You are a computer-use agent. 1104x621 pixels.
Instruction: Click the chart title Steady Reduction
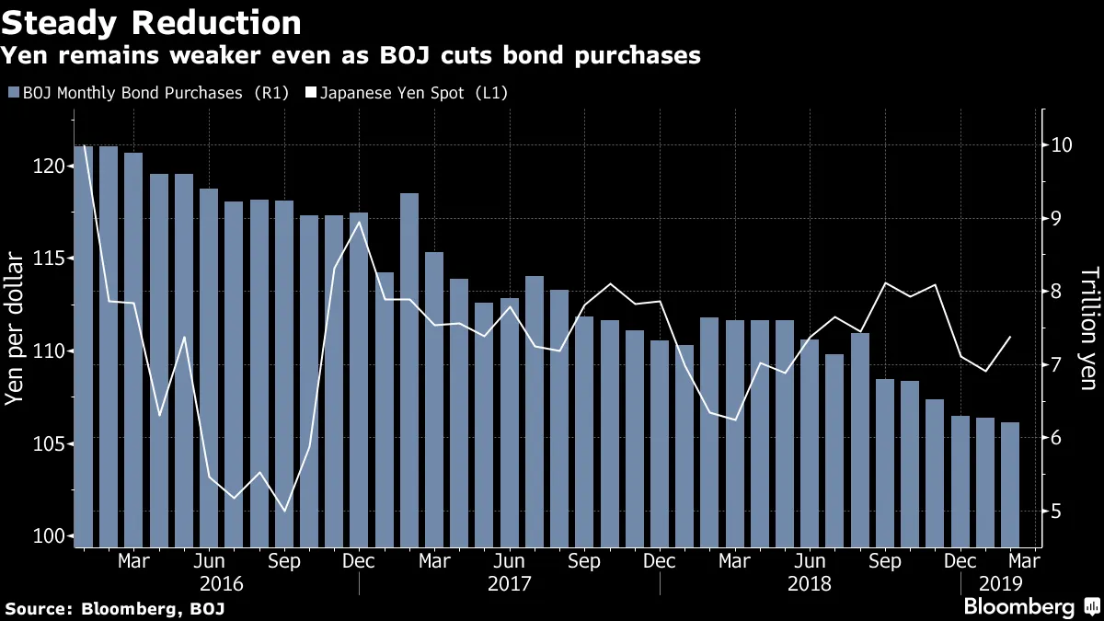coord(151,21)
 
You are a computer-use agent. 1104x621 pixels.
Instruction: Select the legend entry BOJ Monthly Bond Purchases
coord(147,93)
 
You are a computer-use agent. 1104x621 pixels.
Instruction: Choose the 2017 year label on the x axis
coord(511,583)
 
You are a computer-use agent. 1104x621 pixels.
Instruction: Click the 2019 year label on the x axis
coord(994,583)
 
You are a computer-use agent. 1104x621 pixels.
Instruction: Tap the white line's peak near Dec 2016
coord(359,222)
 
